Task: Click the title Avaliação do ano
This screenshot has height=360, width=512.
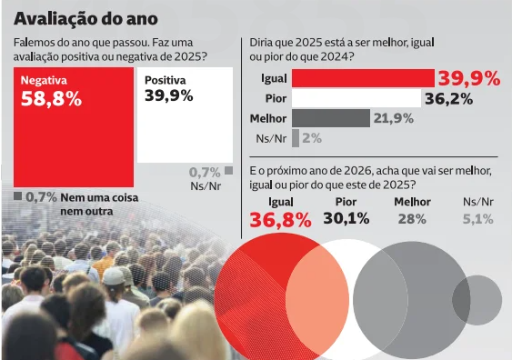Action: pyautogui.click(x=85, y=18)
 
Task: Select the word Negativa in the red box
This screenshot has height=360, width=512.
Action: pyautogui.click(x=44, y=80)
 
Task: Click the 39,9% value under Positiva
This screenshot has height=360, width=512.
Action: pyautogui.click(x=168, y=95)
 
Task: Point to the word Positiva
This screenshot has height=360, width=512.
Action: pyautogui.click(x=166, y=80)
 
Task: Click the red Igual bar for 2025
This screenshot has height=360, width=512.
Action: pyautogui.click(x=363, y=78)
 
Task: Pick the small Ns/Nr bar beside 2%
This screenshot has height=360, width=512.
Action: pyautogui.click(x=296, y=138)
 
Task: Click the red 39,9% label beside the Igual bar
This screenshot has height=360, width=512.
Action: pyautogui.click(x=469, y=78)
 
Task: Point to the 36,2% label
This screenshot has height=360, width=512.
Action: pyautogui.click(x=448, y=98)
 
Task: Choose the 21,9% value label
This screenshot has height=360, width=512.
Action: pyautogui.click(x=393, y=118)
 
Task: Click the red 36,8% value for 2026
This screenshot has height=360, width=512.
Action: pyautogui.click(x=280, y=219)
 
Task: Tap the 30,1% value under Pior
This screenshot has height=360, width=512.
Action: pyautogui.click(x=346, y=218)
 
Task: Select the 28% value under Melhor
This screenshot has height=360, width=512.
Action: pyautogui.click(x=412, y=219)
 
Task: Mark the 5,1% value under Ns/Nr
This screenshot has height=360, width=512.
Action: pyautogui.click(x=477, y=219)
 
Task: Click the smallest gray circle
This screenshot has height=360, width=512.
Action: pyautogui.click(x=477, y=299)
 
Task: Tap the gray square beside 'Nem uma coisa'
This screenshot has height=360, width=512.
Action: pyautogui.click(x=17, y=195)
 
